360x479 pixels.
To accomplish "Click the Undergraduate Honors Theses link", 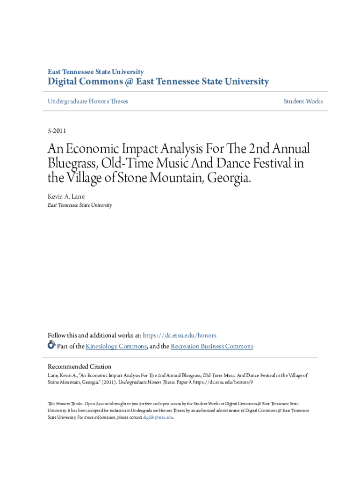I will [x=88, y=102].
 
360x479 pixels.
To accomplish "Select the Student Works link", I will [x=303, y=102].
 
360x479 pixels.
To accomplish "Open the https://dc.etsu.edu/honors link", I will [x=180, y=335].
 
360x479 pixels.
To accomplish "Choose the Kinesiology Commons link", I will [x=116, y=347].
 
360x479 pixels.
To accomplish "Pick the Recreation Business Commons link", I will [x=212, y=347].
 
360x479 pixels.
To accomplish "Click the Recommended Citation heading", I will [x=79, y=367].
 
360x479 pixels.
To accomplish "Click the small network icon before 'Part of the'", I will [x=51, y=346].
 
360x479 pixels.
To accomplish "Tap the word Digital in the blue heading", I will [x=64, y=82].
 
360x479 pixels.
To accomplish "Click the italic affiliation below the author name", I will [x=80, y=205].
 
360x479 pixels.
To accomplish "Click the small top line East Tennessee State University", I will [x=96, y=72].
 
